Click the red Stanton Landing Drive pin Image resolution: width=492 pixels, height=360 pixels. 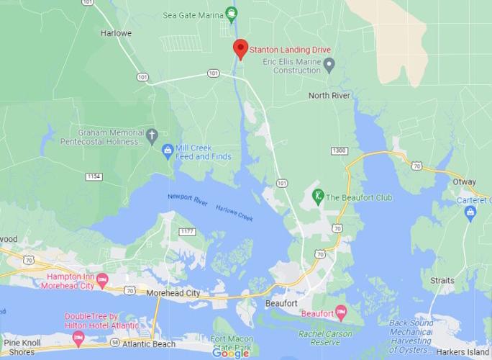pyautogui.click(x=240, y=49)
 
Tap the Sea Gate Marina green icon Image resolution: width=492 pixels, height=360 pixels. pyautogui.click(x=231, y=13)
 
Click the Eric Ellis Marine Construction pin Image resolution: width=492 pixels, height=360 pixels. pyautogui.click(x=329, y=66)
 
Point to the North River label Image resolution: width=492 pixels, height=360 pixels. pyautogui.click(x=329, y=95)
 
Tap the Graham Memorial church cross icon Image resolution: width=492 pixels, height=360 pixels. pyautogui.click(x=152, y=135)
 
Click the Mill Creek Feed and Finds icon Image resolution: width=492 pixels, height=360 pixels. pyautogui.click(x=168, y=150)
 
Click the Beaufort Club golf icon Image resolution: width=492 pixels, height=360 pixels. pyautogui.click(x=317, y=195)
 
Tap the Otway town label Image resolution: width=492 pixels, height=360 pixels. pyautogui.click(x=464, y=182)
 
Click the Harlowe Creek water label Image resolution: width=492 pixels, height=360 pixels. pyautogui.click(x=234, y=210)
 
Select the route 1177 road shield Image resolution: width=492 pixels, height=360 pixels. pyautogui.click(x=188, y=231)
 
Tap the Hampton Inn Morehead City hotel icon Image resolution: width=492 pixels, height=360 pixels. pyautogui.click(x=103, y=279)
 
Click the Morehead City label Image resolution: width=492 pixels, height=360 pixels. pyautogui.click(x=173, y=293)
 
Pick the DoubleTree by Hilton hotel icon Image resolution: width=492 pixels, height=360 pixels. pyautogui.click(x=78, y=335)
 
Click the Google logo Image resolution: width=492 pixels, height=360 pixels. pyautogui.click(x=230, y=353)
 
